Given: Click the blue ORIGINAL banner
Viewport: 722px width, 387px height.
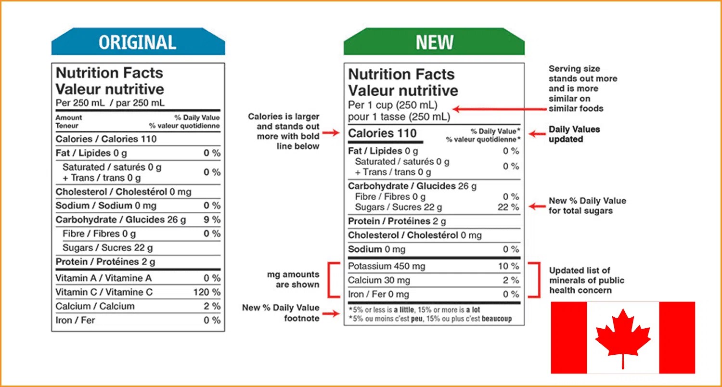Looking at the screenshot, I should [x=138, y=43].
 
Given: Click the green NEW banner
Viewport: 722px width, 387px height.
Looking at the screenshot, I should [x=434, y=43].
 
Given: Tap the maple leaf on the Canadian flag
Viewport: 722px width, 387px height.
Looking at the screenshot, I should [x=623, y=337].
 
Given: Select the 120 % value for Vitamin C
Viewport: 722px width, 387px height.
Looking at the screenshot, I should [x=207, y=292].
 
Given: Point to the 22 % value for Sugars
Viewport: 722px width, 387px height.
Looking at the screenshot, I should [x=508, y=207].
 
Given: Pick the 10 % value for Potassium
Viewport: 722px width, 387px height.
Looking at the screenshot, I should [x=509, y=266].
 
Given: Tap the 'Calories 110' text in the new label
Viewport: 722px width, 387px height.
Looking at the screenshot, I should [x=382, y=133].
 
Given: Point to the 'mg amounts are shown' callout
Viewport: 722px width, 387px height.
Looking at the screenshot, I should [x=293, y=279].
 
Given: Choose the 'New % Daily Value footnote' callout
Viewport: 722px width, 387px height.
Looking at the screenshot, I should [x=281, y=313].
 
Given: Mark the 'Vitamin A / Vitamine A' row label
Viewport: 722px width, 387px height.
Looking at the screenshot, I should [x=103, y=278].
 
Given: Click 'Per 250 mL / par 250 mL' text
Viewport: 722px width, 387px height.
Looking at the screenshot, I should [x=110, y=103].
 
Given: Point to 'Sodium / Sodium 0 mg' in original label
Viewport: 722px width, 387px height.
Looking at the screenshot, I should [x=106, y=206].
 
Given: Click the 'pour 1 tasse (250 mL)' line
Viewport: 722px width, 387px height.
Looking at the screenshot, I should [x=399, y=116].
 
